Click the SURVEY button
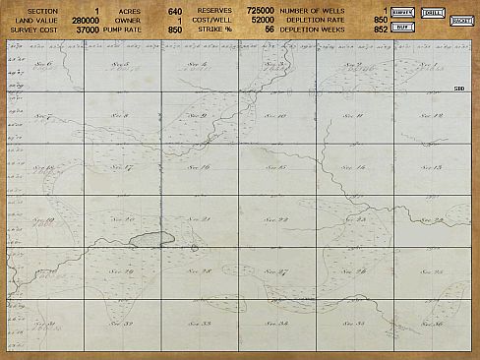click(x=401, y=12)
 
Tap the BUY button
click(x=400, y=27)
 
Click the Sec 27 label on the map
click(x=276, y=271)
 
